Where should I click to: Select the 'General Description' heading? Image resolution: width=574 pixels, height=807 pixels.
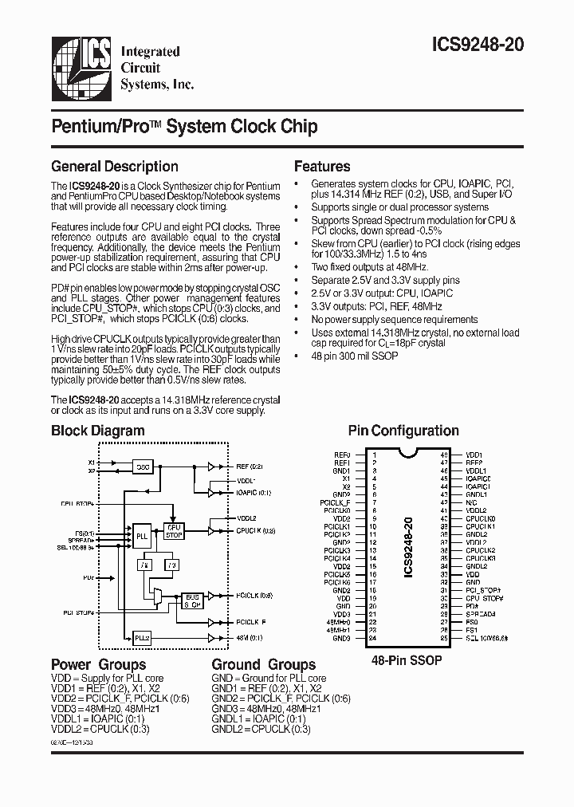point(114,167)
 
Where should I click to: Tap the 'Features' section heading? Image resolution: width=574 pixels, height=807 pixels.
point(322,167)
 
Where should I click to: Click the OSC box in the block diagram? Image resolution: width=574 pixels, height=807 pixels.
point(142,466)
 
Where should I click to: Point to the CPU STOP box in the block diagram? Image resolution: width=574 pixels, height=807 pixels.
point(174,532)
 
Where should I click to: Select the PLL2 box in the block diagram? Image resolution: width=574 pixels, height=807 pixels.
point(142,637)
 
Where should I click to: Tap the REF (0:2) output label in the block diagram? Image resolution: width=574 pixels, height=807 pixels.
point(250,466)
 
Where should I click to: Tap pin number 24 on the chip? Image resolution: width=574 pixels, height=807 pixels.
point(372,639)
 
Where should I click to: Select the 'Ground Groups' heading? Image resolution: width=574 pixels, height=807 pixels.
point(263,665)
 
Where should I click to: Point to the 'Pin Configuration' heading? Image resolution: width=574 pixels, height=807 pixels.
point(403,431)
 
